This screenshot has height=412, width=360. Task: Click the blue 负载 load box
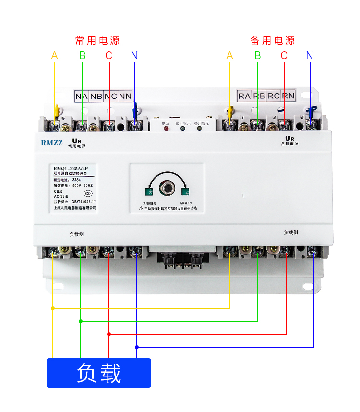pos(99,373)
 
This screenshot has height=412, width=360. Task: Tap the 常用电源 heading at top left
pos(97,41)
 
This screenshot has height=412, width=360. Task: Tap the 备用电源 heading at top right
pos(272,41)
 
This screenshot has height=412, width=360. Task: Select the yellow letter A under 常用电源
pos(54,56)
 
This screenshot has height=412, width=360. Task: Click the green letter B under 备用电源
pos(257,56)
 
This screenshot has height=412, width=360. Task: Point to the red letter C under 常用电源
pos(109,56)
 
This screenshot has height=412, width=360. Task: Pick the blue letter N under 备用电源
pos(310,56)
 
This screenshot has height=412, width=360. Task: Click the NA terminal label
pos(81,96)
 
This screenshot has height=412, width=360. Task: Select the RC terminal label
pos(273,96)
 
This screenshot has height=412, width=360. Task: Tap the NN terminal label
pos(125,96)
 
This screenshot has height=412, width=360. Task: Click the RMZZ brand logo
pos(51,143)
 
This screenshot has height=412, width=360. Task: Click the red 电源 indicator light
pos(166,130)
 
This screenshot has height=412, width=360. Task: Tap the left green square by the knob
pos(149,193)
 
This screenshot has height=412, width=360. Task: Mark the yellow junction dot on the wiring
pos(53,308)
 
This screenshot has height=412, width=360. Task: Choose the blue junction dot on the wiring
pos(137,347)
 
